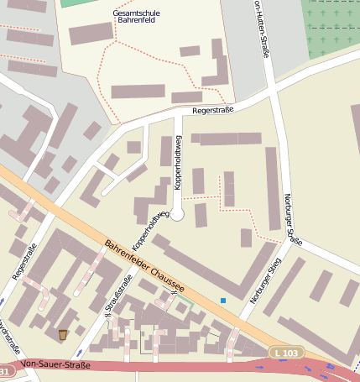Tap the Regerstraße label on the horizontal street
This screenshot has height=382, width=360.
pyautogui.click(x=211, y=109)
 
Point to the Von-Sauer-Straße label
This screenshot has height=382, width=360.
pyautogui.click(x=56, y=364)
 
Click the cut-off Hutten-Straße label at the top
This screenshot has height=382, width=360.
pyautogui.click(x=261, y=29)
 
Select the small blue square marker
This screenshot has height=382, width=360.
pyautogui.click(x=223, y=301)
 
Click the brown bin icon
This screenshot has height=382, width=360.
pyautogui.click(x=63, y=335)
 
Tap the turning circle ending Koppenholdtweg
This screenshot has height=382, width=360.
pyautogui.click(x=177, y=215)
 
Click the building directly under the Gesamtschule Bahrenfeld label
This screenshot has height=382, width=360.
pyautogui.click(x=91, y=34)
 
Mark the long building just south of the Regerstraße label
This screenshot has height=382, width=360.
pyautogui.click(x=226, y=139)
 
